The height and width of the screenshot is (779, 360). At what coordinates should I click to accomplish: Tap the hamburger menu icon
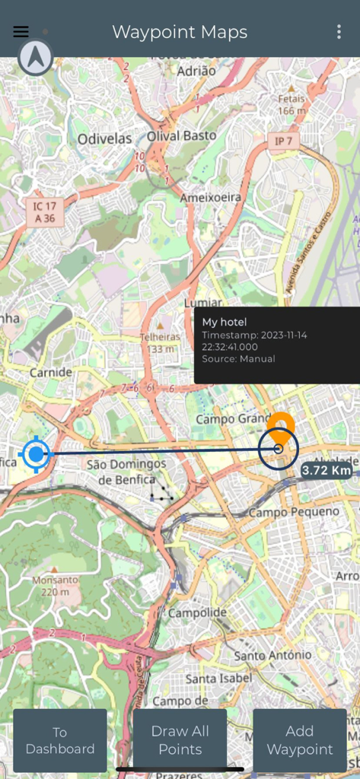(21, 32)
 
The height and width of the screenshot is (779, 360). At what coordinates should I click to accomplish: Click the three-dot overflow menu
(339, 32)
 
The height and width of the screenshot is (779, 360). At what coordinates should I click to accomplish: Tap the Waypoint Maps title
(180, 32)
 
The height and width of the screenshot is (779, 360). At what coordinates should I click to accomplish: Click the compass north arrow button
(35, 57)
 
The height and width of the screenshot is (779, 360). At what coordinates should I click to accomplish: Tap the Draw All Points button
(180, 740)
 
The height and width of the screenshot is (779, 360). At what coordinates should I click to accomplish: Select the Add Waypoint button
(299, 740)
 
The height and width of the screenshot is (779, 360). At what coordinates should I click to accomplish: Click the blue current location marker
(35, 454)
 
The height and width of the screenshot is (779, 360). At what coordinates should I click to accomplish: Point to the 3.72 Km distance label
(327, 470)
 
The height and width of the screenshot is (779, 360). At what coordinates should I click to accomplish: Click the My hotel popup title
(225, 323)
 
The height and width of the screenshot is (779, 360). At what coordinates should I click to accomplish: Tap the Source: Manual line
(238, 358)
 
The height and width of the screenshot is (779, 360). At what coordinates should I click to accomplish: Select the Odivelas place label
(104, 139)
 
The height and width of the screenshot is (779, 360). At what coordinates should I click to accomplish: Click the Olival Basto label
(181, 135)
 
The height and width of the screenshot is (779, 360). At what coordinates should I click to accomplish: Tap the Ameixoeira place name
(210, 197)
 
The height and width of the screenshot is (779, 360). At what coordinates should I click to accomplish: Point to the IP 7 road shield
(284, 141)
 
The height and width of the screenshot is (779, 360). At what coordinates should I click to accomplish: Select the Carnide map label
(50, 373)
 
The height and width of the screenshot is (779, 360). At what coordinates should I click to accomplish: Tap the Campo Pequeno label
(294, 512)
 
